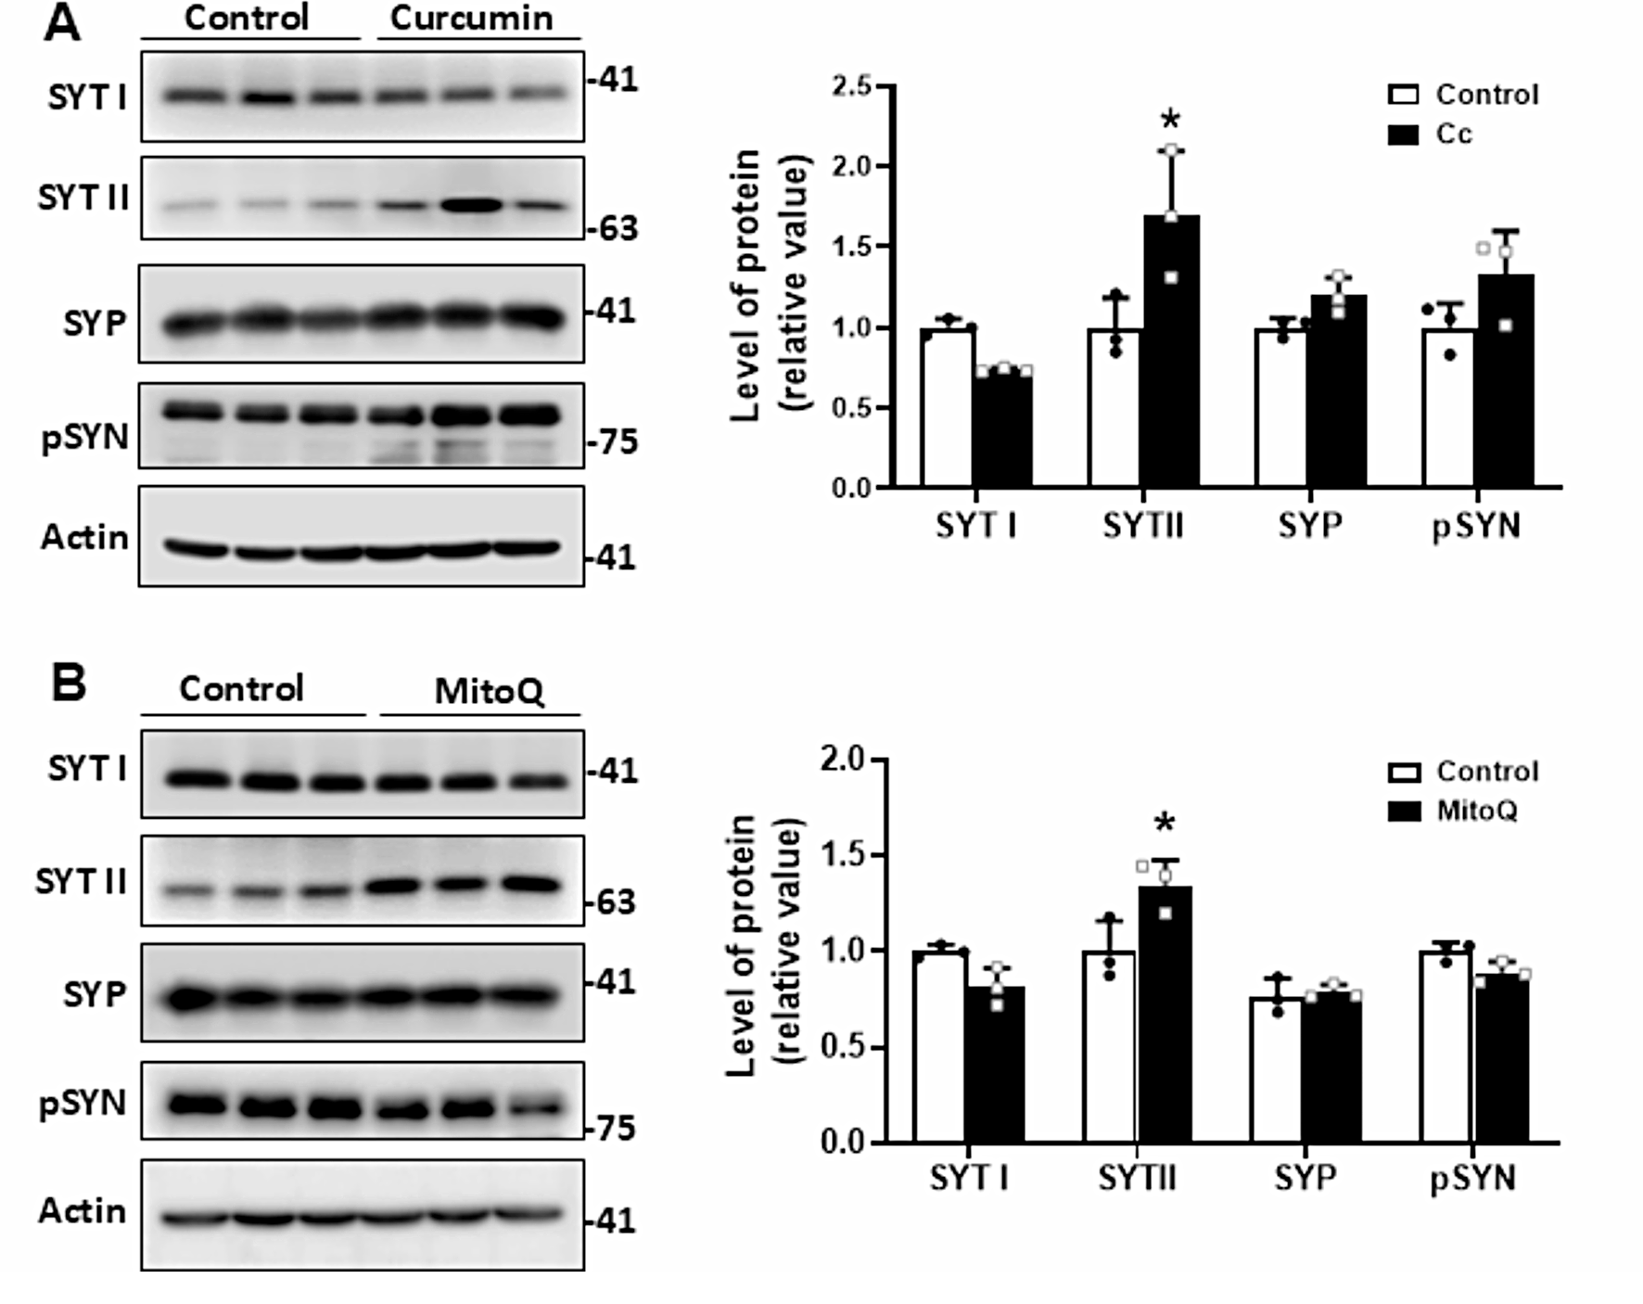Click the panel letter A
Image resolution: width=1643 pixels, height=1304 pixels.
[62, 23]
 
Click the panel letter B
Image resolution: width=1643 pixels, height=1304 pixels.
[68, 684]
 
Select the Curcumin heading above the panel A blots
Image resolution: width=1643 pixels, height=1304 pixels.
[471, 19]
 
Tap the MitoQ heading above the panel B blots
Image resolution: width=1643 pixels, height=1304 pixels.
[489, 691]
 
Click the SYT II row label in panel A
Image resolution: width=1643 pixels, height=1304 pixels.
[83, 198]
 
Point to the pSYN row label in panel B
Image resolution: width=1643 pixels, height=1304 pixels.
[83, 1104]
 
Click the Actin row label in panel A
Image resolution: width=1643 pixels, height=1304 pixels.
[84, 537]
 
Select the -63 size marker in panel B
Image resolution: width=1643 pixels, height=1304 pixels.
[613, 901]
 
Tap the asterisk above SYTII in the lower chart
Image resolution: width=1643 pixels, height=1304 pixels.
[1165, 824]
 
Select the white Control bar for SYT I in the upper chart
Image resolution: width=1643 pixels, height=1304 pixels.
[947, 408]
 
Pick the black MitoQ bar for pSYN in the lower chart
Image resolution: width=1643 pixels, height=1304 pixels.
[1502, 1057]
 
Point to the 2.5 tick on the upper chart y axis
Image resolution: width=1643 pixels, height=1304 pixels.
[852, 86]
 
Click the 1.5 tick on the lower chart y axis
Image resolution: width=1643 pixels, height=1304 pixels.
[843, 854]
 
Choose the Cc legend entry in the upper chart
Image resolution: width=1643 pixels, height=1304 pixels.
[1453, 134]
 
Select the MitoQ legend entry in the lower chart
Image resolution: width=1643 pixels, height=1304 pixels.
[1476, 812]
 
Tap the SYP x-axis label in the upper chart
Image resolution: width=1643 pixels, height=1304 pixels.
[1309, 527]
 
